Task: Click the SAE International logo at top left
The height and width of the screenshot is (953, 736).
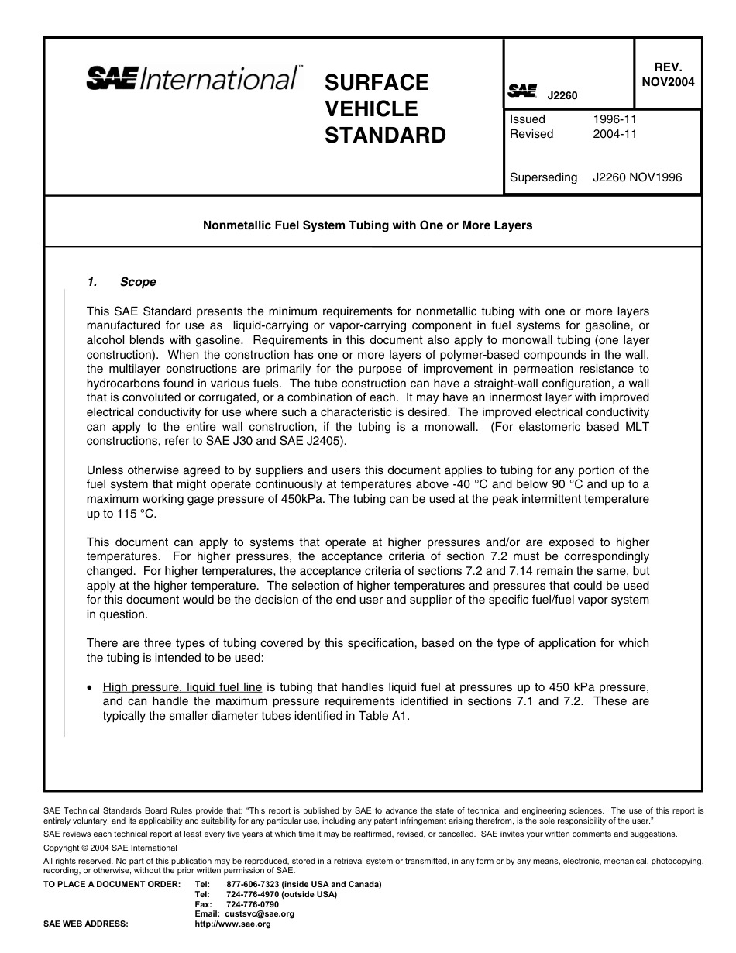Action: pos(193,78)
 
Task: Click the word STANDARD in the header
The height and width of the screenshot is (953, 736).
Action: pos(385,136)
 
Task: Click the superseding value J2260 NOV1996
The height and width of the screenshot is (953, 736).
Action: pos(637,177)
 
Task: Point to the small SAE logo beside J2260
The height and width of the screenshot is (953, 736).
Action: pos(522,91)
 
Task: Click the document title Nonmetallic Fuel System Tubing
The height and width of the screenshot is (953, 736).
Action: pos(367,225)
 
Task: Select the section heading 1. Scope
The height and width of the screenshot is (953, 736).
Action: pos(122,282)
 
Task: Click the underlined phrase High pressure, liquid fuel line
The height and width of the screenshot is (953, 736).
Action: pos(182,686)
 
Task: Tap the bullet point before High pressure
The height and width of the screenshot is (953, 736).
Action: pos(91,687)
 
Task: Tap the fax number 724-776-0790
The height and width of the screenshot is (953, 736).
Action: pos(253,904)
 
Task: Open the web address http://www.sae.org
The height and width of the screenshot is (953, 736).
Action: pos(232,924)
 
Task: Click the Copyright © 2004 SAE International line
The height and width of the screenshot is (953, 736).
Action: pos(110,848)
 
